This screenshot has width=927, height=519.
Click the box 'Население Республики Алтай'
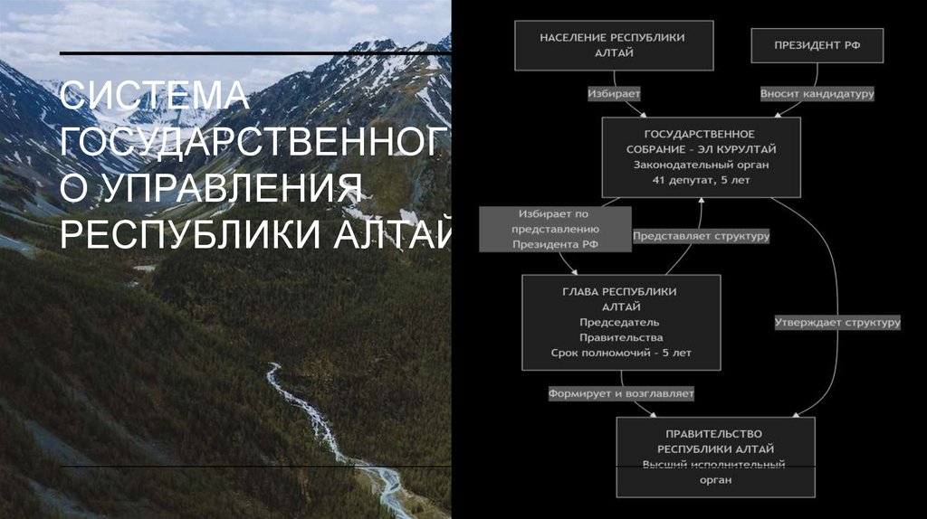(612, 45)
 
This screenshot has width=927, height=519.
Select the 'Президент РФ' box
(817, 44)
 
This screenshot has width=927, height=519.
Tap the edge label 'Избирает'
(613, 92)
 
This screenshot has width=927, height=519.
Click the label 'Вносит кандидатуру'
(817, 92)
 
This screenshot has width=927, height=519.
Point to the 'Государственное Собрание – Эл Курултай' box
(702, 156)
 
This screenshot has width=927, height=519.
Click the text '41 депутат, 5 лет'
(702, 181)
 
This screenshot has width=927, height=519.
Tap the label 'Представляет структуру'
(701, 236)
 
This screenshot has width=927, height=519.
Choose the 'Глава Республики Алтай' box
(620, 322)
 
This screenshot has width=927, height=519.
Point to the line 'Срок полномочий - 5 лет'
(620, 353)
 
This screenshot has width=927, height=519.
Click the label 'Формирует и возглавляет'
(620, 393)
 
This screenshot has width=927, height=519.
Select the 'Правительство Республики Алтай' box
(715, 457)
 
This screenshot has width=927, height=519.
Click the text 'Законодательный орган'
(702, 165)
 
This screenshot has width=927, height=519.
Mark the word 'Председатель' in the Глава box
(620, 322)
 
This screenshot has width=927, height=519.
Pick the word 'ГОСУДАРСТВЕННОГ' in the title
(253, 142)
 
